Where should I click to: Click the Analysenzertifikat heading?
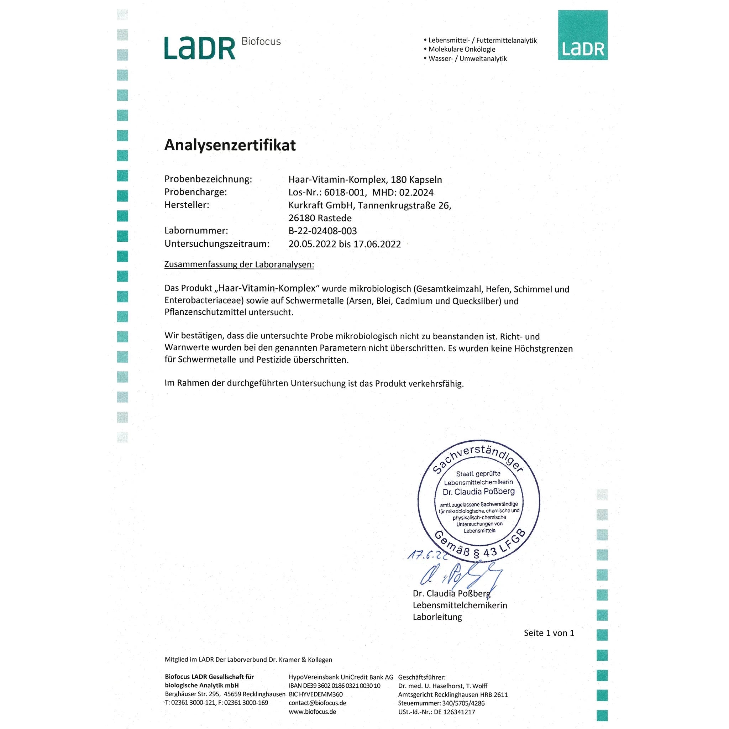tap(230, 145)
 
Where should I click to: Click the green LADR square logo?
tap(583, 35)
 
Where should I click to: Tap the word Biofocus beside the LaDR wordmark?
tap(261, 42)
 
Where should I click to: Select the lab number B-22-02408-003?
tap(322, 231)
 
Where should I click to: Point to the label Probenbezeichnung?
tap(208, 179)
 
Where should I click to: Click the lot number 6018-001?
tap(344, 193)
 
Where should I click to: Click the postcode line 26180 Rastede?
tap(320, 218)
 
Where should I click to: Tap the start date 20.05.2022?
tap(312, 244)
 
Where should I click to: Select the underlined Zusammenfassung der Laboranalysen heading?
tap(239, 264)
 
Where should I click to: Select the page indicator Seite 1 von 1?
tap(549, 633)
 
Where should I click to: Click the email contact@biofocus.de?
tap(317, 703)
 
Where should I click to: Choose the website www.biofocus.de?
tap(312, 712)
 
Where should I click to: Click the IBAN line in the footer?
tap(334, 686)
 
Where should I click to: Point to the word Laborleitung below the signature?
tap(437, 617)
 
